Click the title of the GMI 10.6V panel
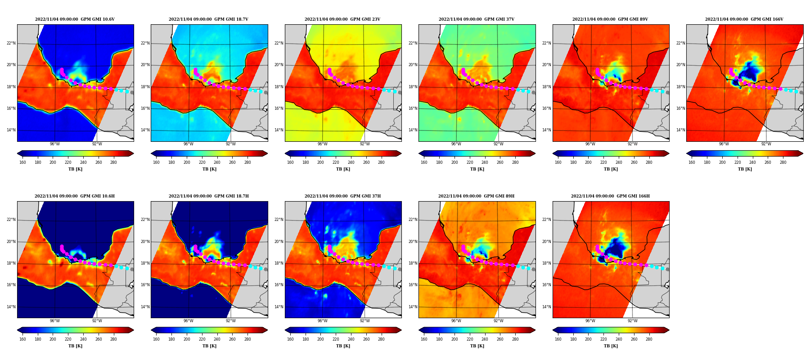pyautogui.click(x=75, y=19)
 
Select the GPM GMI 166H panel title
pyautogui.click(x=610, y=196)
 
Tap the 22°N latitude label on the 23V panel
pyautogui.click(x=279, y=43)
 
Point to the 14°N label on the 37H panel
pyautogui.click(x=279, y=307)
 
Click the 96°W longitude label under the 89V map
pyautogui.click(x=590, y=144)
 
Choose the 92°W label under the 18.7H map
pyautogui.click(x=230, y=321)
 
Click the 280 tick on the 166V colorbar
pyautogui.click(x=783, y=162)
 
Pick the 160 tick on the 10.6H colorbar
pyautogui.click(x=22, y=339)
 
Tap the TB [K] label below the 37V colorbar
pyautogui.click(x=477, y=169)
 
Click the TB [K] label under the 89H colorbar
pyautogui.click(x=477, y=346)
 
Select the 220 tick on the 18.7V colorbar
pyautogui.click(x=202, y=162)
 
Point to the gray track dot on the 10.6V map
pyautogui.click(x=132, y=92)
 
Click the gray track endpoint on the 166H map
pyautogui.click(x=667, y=269)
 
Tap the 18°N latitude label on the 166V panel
pyautogui.click(x=680, y=87)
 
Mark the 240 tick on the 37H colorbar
pyautogui.click(x=351, y=339)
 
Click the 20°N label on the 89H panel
pyautogui.click(x=413, y=242)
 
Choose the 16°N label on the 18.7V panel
pyautogui.click(x=145, y=108)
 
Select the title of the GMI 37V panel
pyautogui.click(x=477, y=19)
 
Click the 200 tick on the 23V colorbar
pyautogui.click(x=320, y=162)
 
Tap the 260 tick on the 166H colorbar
pyautogui.click(x=634, y=339)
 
